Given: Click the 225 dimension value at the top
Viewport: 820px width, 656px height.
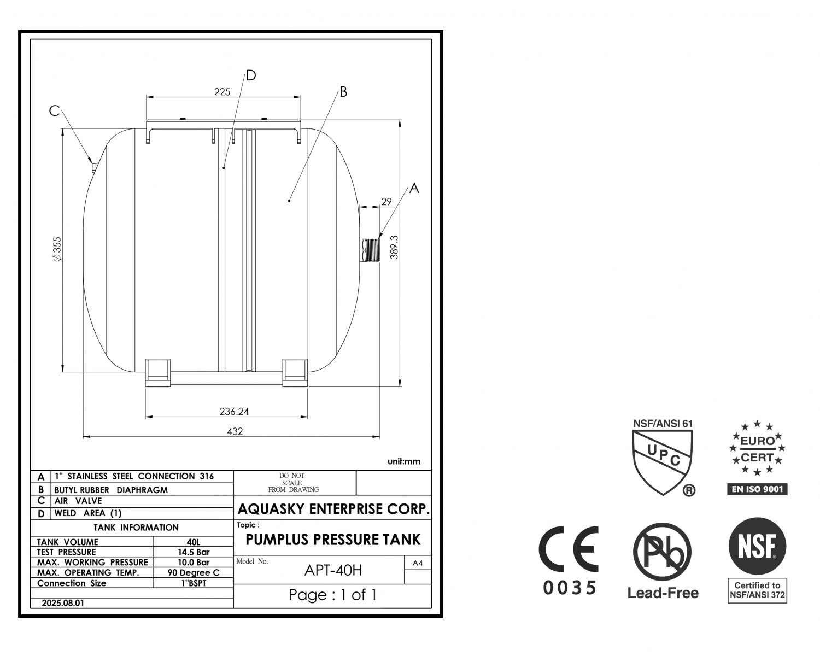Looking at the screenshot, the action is point(222,92).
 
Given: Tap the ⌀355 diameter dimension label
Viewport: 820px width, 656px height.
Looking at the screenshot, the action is point(57,249).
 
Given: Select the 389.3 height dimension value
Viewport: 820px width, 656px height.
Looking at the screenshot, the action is point(394,248).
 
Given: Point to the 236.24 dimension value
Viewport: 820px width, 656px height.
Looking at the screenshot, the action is point(234,411).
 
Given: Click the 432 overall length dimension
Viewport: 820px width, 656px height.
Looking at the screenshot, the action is point(235,431).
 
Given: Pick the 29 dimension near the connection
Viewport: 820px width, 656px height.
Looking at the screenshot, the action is point(386,201).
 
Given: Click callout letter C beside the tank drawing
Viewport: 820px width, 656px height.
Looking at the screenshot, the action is point(55,111).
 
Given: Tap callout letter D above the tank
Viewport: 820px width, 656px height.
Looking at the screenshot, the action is point(251,75).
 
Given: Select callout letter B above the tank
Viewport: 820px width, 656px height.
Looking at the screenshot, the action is point(343,92).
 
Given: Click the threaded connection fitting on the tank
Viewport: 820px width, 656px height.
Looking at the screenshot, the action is point(370,250).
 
